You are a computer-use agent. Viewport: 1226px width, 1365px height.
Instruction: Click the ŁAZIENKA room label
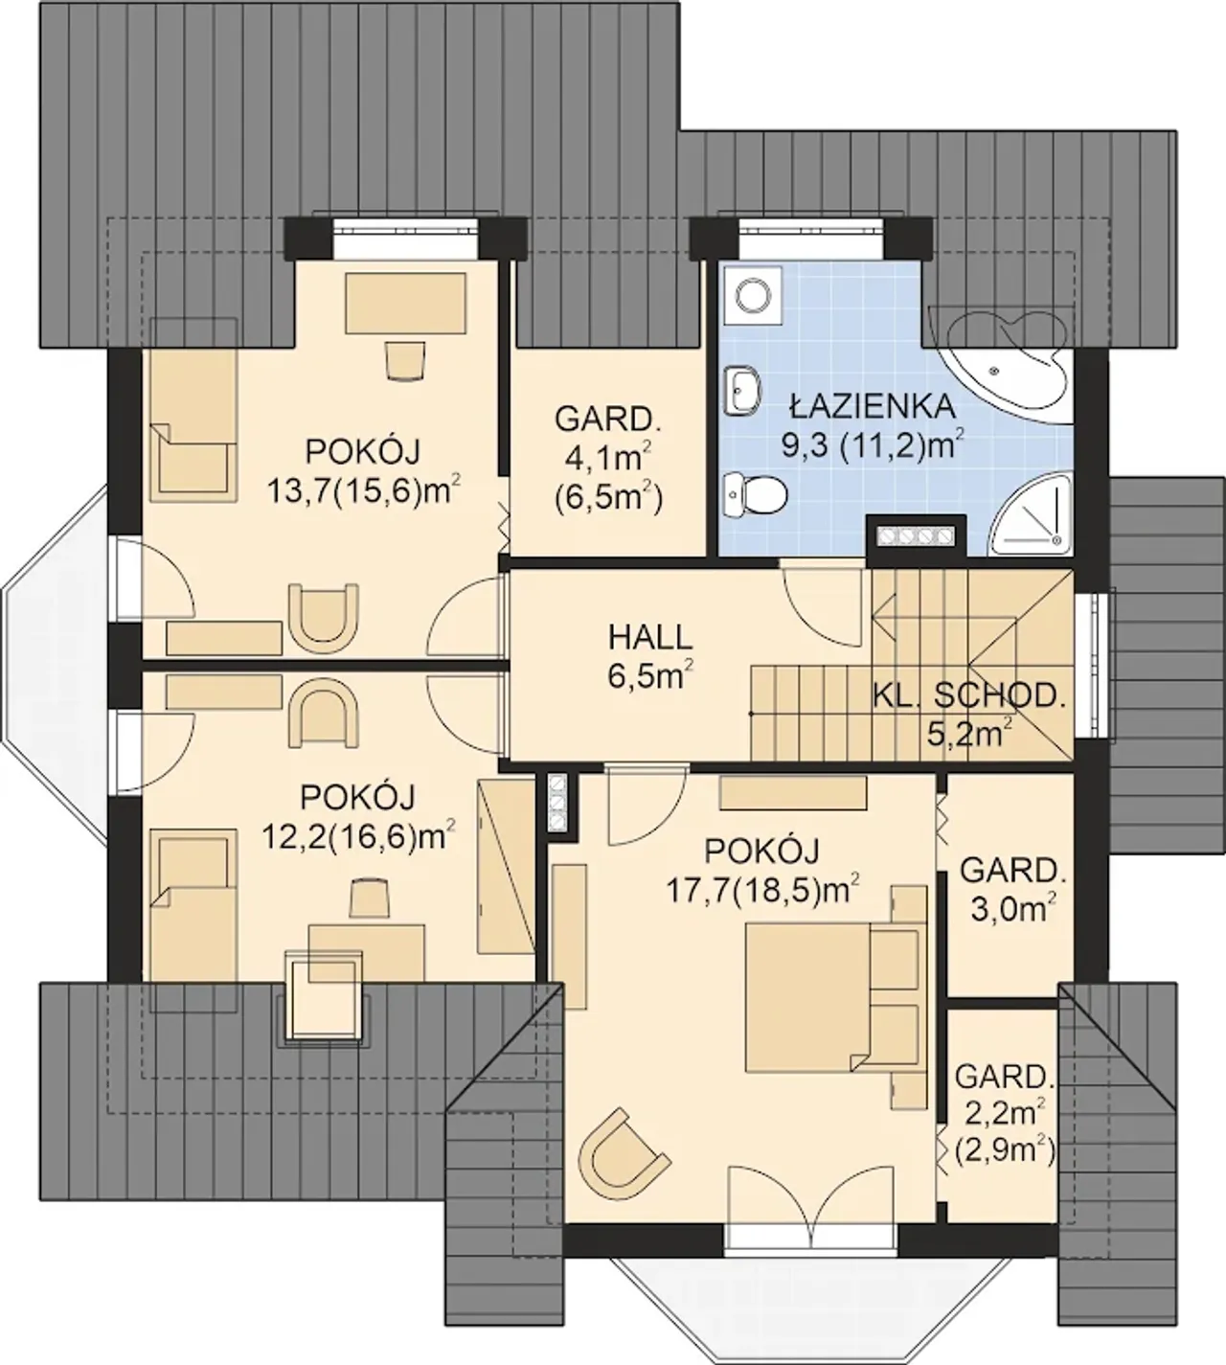click(x=873, y=406)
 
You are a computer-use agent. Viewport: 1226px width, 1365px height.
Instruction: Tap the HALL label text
click(x=650, y=638)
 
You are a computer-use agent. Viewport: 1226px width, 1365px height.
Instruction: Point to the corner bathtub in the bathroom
click(x=1003, y=364)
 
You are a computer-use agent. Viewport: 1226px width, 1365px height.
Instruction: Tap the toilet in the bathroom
click(x=756, y=496)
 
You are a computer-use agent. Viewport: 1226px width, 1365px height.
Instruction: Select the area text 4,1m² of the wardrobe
click(x=607, y=459)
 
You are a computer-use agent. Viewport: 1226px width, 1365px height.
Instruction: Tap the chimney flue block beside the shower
click(x=916, y=535)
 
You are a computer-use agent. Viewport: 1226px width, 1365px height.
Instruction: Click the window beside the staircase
click(x=1089, y=665)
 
